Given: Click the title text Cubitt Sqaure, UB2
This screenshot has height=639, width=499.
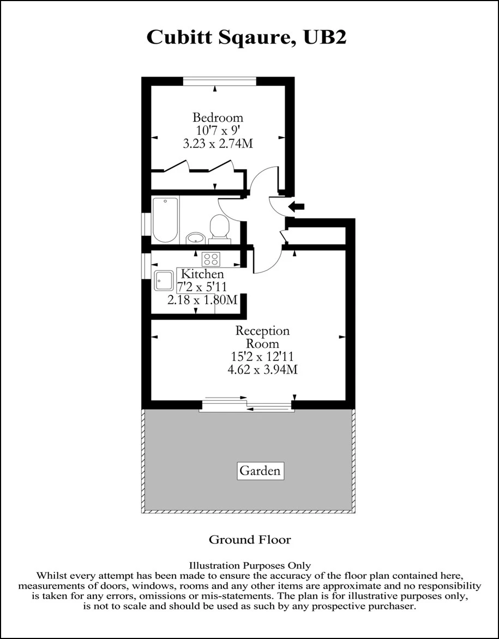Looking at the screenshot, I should click(247, 38).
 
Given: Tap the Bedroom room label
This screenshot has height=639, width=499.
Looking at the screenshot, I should click(218, 117).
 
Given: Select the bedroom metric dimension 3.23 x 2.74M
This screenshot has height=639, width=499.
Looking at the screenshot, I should click(218, 144).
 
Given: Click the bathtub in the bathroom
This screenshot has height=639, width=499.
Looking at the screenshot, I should click(165, 220).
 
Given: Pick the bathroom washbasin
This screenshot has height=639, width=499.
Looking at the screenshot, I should click(195, 238).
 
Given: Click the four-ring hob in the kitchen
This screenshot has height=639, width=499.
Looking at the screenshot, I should click(211, 259).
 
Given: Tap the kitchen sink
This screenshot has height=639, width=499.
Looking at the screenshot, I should click(164, 281).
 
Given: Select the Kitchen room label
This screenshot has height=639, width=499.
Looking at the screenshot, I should click(202, 274).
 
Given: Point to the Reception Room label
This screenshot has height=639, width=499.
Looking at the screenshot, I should click(262, 337).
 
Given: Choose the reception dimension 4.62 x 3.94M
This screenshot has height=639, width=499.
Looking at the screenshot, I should click(262, 369).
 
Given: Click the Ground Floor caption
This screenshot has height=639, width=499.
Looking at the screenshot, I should click(250, 540).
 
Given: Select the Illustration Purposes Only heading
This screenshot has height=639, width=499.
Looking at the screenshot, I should click(250, 566).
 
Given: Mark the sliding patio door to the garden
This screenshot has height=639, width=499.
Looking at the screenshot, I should click(247, 405).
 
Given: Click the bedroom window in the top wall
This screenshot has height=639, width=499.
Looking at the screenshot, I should click(219, 81).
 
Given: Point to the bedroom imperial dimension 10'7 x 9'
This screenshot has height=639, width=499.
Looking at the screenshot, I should click(218, 131).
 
